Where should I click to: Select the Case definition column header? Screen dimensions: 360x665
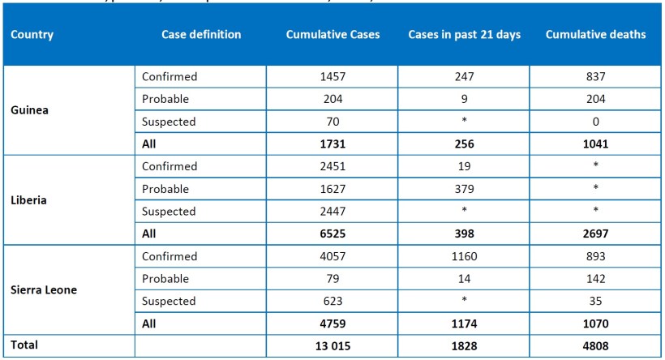click(x=201, y=36)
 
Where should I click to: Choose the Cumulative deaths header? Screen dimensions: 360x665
click(x=596, y=36)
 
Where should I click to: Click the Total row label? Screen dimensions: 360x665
click(x=25, y=345)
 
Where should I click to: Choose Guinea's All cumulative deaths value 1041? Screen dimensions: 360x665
click(x=596, y=144)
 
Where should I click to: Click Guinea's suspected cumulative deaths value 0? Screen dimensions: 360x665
click(x=596, y=122)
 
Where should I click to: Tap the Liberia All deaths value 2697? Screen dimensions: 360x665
click(x=596, y=234)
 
